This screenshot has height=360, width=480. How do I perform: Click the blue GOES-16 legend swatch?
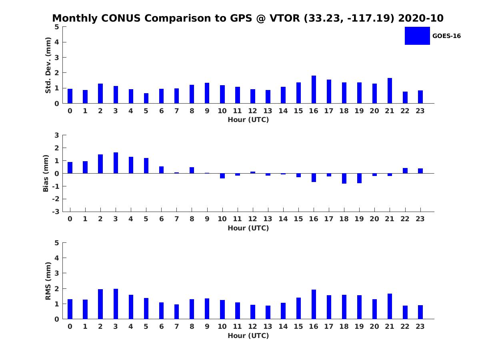pyautogui.click(x=417, y=36)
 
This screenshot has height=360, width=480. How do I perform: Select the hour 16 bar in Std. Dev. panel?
pyautogui.click(x=314, y=89)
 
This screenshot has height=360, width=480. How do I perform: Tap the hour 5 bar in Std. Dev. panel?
pyautogui.click(x=146, y=98)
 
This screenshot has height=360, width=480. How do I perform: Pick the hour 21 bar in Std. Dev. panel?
pyautogui.click(x=390, y=91)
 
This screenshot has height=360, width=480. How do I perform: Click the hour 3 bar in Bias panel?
pyautogui.click(x=116, y=163)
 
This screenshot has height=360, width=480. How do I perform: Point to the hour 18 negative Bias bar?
pyautogui.click(x=344, y=178)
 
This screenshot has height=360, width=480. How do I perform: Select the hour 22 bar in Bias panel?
pyautogui.click(x=405, y=171)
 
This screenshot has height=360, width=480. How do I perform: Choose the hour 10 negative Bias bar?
pyautogui.click(x=222, y=176)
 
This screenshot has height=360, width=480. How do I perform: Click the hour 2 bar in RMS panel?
pyautogui.click(x=100, y=304)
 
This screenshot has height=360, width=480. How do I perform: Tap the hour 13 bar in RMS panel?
pyautogui.click(x=268, y=312)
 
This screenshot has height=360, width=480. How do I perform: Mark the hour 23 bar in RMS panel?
pyautogui.click(x=420, y=312)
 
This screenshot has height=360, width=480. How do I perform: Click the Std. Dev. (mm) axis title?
pyautogui.click(x=48, y=65)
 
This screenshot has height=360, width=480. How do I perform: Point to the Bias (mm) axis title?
pyautogui.click(x=46, y=173)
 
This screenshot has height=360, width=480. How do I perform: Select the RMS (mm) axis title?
pyautogui.click(x=48, y=281)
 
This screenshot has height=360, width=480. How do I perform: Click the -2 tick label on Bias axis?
pyautogui.click(x=56, y=199)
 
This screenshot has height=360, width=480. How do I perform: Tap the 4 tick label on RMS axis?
pyautogui.click(x=57, y=258)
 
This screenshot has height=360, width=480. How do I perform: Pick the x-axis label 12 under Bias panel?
pyautogui.click(x=252, y=219)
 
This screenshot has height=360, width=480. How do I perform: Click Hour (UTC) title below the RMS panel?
pyautogui.click(x=248, y=336)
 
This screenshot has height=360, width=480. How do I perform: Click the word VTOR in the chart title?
pyautogui.click(x=285, y=18)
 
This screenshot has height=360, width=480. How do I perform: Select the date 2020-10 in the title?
pyautogui.click(x=421, y=18)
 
